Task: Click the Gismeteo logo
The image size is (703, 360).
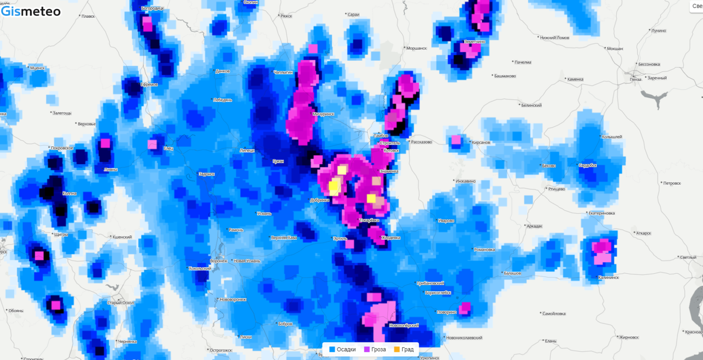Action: pyautogui.click(x=31, y=11)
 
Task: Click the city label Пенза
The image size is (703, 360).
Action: pyautogui.click(x=635, y=80)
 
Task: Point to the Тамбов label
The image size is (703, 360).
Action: pyautogui.click(x=381, y=135)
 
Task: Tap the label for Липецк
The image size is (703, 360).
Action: pyautogui.click(x=247, y=150)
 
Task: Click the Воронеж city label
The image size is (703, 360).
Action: pyautogui.click(x=219, y=261)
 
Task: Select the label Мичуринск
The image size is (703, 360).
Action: pyautogui.click(x=323, y=114)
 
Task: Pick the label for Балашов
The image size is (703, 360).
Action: pyautogui.click(x=512, y=273)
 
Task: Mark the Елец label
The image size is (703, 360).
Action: pyautogui.click(x=168, y=148)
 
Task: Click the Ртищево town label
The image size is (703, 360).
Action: pyautogui.click(x=557, y=189)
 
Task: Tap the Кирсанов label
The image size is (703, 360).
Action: pyautogui.click(x=481, y=143)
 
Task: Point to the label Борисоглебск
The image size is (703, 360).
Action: pyautogui.click(x=438, y=293)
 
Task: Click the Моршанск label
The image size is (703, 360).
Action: pyautogui.click(x=416, y=48)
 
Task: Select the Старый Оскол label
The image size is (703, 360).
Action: pyautogui.click(x=121, y=303)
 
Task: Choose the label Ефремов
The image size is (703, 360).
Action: pyautogui.click(x=149, y=85)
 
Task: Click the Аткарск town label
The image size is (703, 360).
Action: pyautogui.click(x=644, y=233)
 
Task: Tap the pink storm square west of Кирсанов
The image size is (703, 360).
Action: pyautogui.click(x=456, y=140)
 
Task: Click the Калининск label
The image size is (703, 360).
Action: pyautogui.click(x=609, y=278)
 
